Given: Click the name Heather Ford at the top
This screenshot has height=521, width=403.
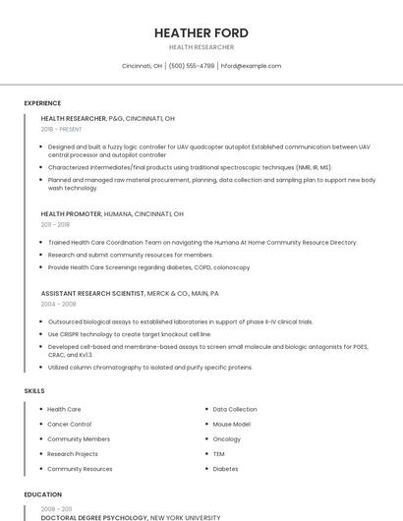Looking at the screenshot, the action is [201, 32].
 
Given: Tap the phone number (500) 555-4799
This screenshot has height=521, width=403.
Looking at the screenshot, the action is [191, 66].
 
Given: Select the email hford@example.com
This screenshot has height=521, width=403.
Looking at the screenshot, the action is [251, 66].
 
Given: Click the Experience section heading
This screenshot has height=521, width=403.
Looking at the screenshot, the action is [42, 103].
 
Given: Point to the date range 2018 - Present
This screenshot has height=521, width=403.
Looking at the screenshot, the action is [62, 129].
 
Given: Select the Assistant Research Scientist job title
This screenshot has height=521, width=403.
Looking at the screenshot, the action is [93, 293].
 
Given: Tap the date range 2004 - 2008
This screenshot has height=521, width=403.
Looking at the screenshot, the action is [59, 304].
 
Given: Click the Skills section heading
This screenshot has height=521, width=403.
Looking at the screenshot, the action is [34, 391].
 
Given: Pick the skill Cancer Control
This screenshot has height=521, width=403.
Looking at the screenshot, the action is [69, 424].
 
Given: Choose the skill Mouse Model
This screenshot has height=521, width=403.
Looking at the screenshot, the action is [232, 424].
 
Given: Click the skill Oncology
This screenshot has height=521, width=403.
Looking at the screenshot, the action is [226, 439].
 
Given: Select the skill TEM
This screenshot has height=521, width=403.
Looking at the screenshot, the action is [219, 454].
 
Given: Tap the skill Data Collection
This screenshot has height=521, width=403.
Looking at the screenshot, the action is [235, 409].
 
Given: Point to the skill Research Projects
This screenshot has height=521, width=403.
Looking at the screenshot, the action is [73, 454].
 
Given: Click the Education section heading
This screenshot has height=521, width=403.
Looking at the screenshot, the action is [42, 494].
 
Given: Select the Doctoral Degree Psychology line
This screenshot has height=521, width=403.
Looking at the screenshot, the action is [93, 517].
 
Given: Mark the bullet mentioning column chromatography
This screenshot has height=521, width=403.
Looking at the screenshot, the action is [149, 368].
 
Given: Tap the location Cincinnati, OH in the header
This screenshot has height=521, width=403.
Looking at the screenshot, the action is [142, 66].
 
